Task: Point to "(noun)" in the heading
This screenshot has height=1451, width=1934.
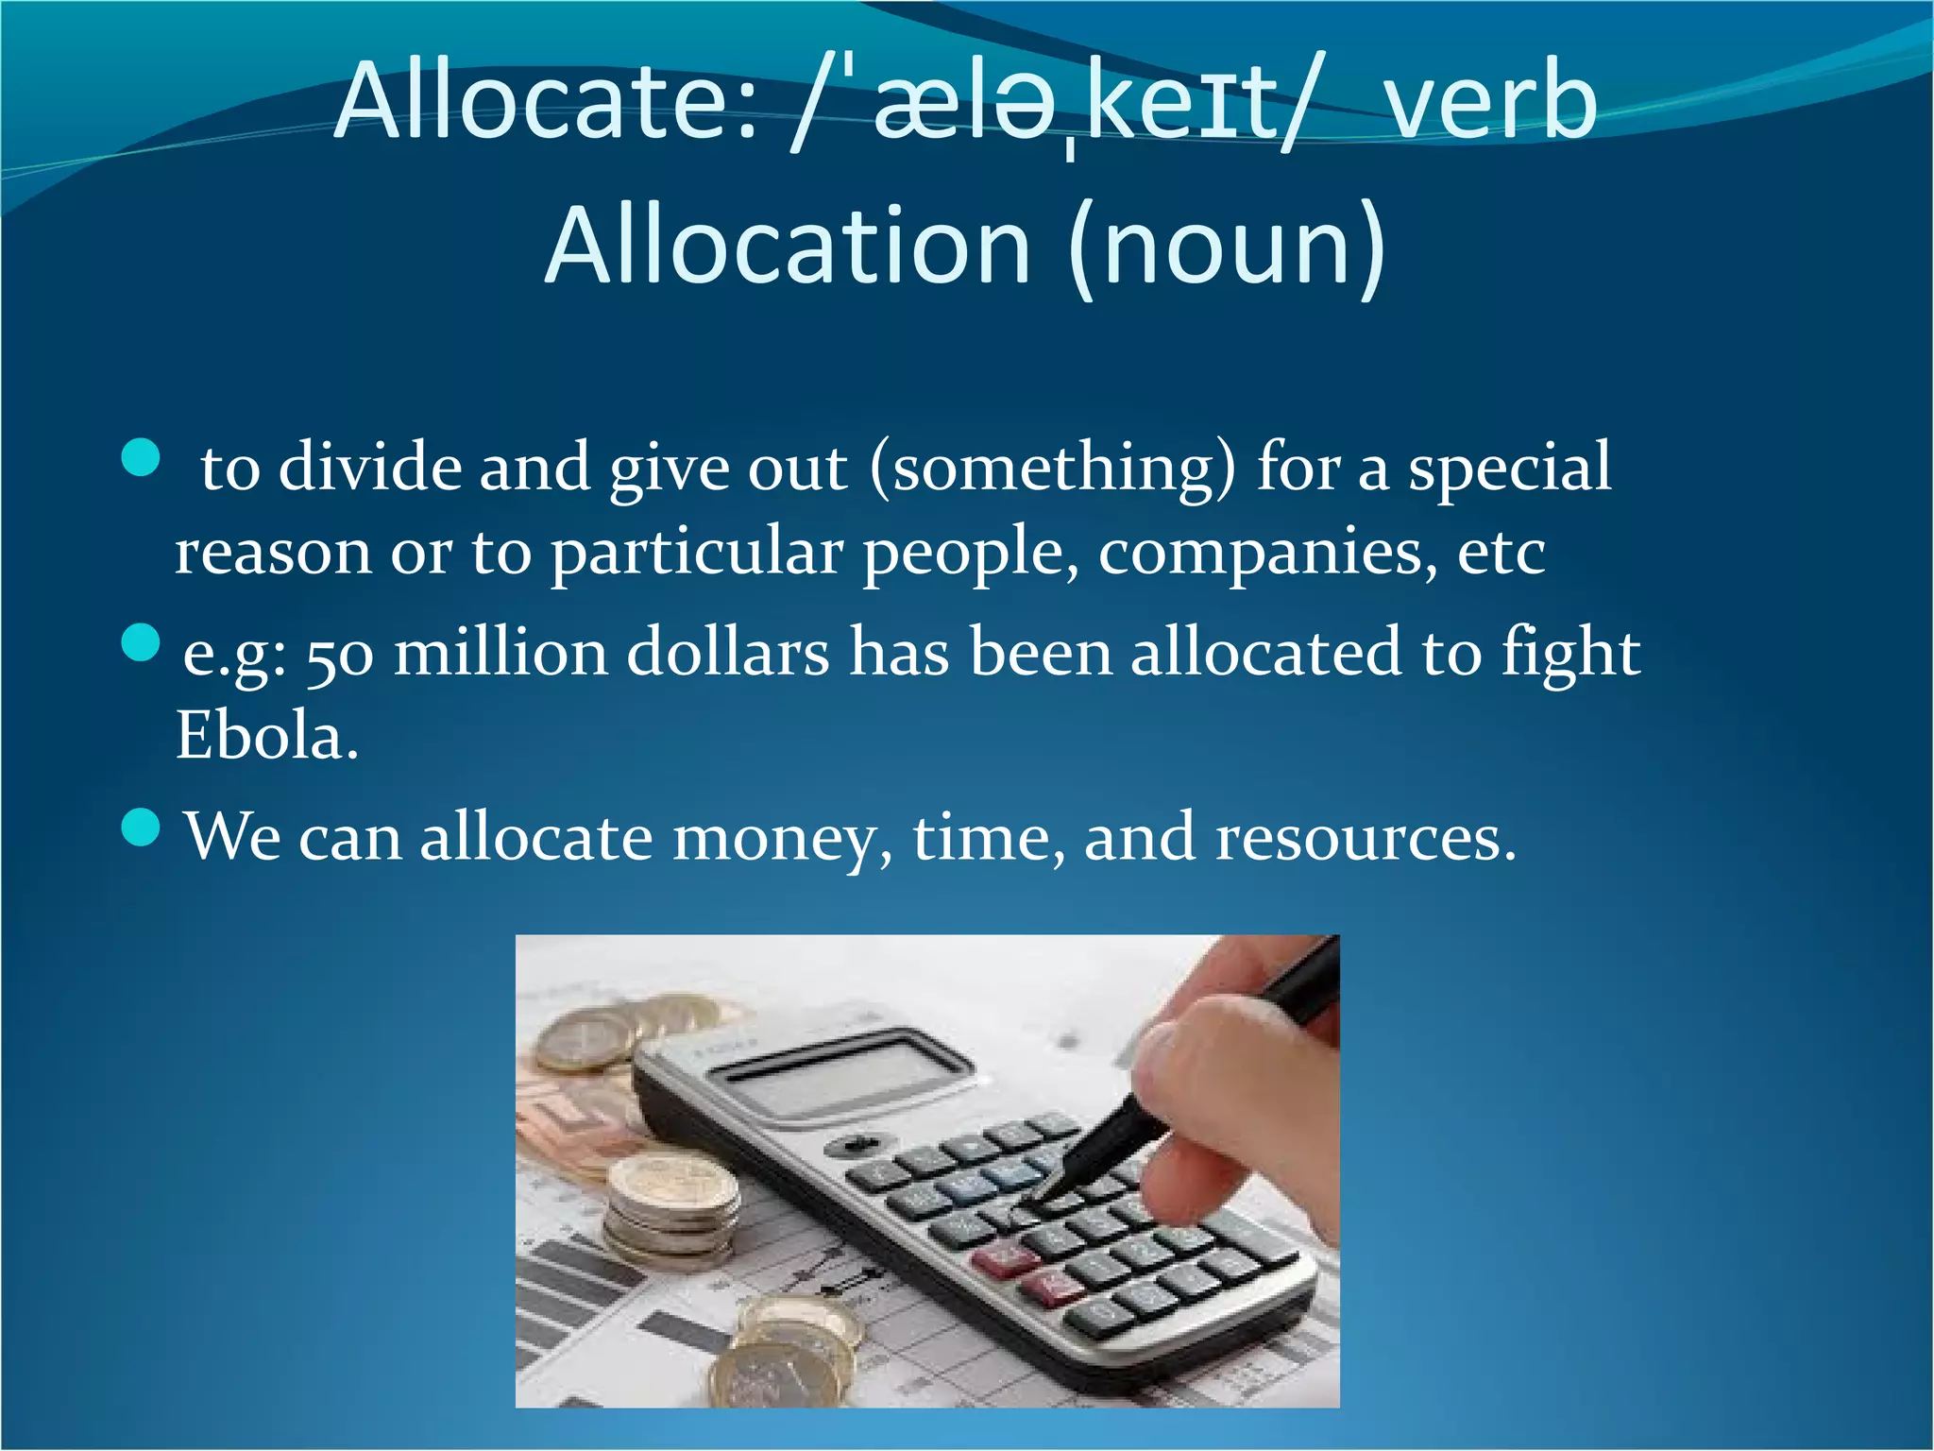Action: (1228, 248)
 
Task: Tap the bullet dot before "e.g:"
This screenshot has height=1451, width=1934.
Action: (142, 643)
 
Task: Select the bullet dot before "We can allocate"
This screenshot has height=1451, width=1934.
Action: (142, 828)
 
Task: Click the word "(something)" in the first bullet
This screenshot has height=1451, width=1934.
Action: (1051, 469)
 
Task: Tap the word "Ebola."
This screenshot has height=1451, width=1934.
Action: (267, 736)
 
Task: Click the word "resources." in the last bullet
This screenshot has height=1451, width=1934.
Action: (1366, 837)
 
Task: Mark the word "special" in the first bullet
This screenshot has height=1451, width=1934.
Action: (1510, 469)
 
